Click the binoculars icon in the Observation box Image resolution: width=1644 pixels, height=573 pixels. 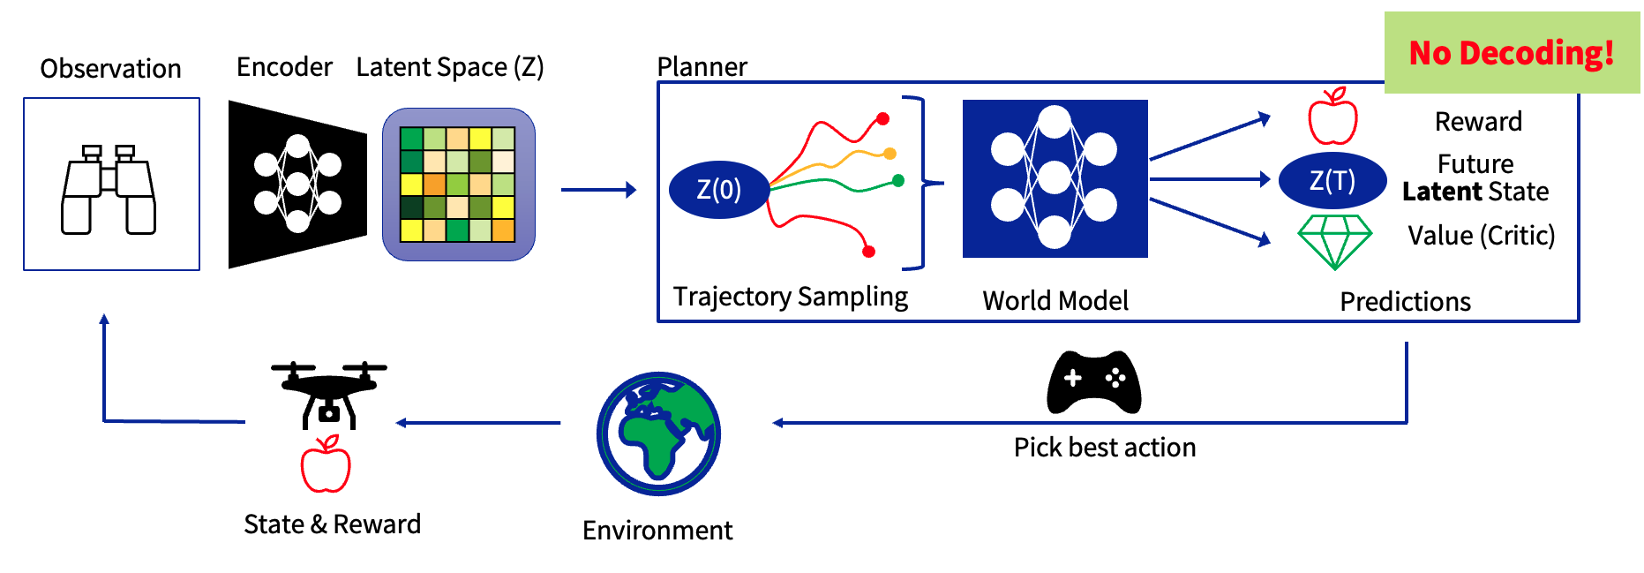pos(109,189)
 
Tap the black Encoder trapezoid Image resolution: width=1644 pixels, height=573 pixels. pos(297,185)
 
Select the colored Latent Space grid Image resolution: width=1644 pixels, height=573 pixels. pos(457,185)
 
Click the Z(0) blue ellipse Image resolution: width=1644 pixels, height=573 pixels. pos(718,190)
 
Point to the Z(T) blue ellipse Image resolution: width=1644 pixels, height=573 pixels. pos(1332,181)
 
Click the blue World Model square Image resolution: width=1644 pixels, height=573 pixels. pos(1055,178)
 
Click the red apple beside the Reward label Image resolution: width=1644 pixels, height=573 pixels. pos(1332,117)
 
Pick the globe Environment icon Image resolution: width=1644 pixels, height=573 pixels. pos(658,434)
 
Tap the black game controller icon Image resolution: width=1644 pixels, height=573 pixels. pos(1093,382)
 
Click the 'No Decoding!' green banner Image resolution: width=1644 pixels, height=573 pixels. pos(1511,53)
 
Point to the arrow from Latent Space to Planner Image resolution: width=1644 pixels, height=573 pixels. pos(598,190)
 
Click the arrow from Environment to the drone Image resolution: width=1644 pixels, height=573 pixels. pos(478,423)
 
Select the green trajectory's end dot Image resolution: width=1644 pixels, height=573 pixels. pos(898,181)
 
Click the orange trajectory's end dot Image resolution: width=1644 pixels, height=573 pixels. pos(890,154)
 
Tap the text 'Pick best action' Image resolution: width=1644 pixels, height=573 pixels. pos(1104,448)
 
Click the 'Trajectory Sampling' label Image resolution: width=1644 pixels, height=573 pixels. pos(790,297)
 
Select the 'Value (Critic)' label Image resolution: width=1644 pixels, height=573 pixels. pos(1481,236)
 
